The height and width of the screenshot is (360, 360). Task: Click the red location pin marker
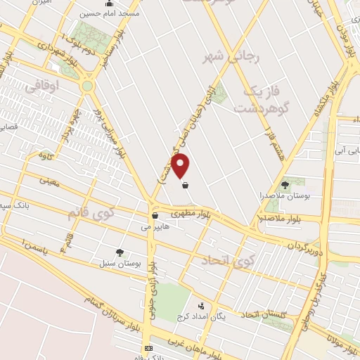(x=181, y=165)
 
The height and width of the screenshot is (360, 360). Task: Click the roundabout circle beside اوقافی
(x=87, y=86)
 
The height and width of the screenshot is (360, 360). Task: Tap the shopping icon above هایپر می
(x=155, y=215)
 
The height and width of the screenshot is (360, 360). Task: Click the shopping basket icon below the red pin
(x=185, y=186)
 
